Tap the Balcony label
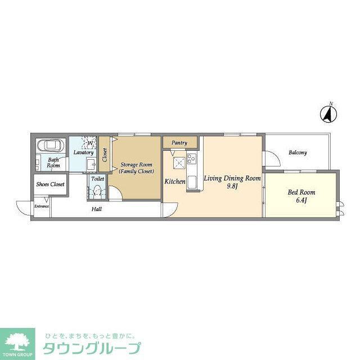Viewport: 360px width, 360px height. click(298, 152)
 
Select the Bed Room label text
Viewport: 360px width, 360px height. click(301, 192)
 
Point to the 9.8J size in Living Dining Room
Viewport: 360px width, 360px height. click(232, 186)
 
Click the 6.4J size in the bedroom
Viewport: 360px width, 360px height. click(301, 200)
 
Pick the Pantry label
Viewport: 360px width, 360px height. click(179, 143)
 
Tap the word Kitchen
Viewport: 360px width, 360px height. click(175, 182)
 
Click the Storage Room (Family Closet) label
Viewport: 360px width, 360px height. click(136, 168)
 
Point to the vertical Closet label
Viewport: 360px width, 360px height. click(105, 155)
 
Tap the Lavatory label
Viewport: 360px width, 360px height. click(83, 152)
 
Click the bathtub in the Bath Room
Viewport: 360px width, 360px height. click(51, 147)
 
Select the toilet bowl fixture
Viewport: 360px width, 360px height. click(97, 191)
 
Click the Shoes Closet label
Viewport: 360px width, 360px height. click(51, 184)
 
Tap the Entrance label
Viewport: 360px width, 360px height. click(42, 206)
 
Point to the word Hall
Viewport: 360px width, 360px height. click(97, 209)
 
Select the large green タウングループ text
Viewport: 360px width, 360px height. click(92, 348)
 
